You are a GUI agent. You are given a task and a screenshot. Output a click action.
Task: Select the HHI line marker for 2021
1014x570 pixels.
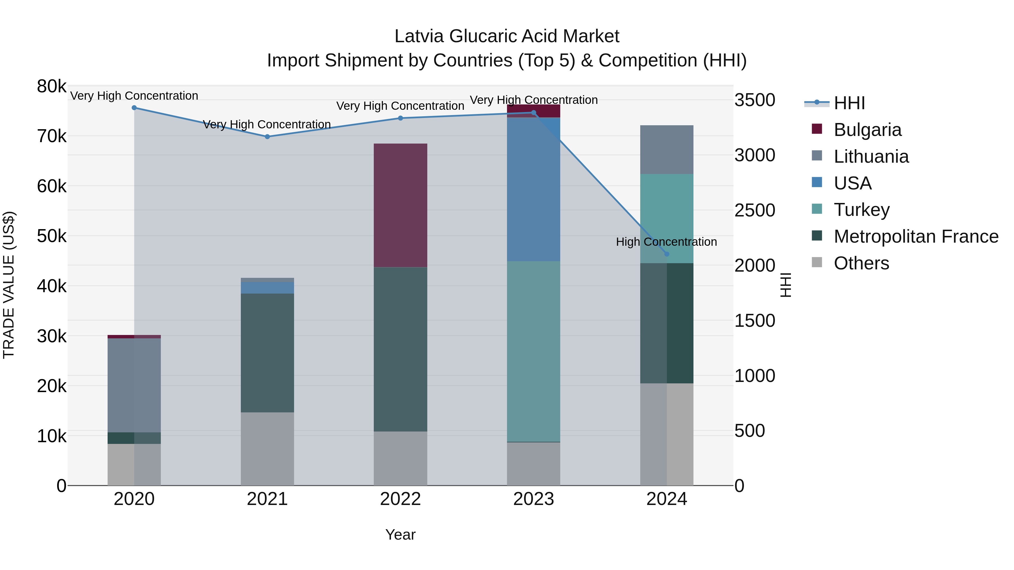[267, 137]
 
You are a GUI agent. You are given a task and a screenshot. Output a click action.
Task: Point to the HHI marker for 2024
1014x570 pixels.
[667, 254]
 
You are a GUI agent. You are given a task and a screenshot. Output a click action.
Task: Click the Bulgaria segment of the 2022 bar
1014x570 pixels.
[400, 205]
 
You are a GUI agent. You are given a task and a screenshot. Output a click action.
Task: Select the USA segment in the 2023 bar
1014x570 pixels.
[533, 189]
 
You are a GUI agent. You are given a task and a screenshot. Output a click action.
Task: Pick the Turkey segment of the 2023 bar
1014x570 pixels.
[533, 351]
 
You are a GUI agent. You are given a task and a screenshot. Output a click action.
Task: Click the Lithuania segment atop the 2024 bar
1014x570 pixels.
[667, 150]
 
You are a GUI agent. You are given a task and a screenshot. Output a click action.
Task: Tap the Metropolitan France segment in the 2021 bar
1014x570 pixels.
[267, 353]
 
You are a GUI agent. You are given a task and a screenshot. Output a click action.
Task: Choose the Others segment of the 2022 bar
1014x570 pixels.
[400, 458]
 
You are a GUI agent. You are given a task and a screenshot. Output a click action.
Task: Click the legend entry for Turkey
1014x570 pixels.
[861, 210]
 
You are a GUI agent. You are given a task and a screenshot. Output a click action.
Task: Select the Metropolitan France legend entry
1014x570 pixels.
[916, 236]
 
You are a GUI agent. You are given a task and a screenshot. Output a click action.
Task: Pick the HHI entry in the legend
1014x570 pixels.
[849, 103]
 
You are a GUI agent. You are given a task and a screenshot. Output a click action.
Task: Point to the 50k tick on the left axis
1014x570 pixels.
[52, 236]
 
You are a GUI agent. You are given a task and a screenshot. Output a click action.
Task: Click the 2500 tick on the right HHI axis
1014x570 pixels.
[755, 211]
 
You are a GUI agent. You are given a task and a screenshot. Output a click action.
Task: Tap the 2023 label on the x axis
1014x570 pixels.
[533, 499]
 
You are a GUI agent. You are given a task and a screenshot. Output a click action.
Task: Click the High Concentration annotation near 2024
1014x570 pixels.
[666, 242]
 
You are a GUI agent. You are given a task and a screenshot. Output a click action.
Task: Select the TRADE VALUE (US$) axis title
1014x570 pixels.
[9, 285]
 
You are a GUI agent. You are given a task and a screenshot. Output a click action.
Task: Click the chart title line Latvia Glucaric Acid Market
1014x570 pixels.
[507, 37]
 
